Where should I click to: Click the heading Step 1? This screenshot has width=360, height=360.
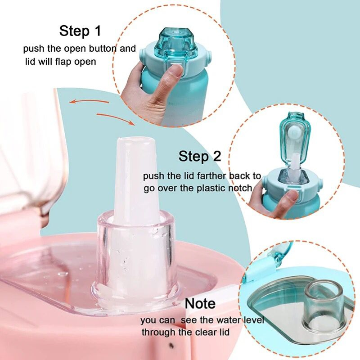(x=80, y=31)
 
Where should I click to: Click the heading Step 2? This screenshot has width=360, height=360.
(x=199, y=156)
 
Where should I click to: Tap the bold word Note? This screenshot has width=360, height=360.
(x=200, y=303)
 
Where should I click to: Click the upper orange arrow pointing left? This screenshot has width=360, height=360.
(x=89, y=101)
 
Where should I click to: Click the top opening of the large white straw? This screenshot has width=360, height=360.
(x=135, y=139)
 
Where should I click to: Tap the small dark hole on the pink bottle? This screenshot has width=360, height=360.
(x=171, y=344)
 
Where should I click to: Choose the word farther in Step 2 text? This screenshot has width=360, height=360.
(x=212, y=176)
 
